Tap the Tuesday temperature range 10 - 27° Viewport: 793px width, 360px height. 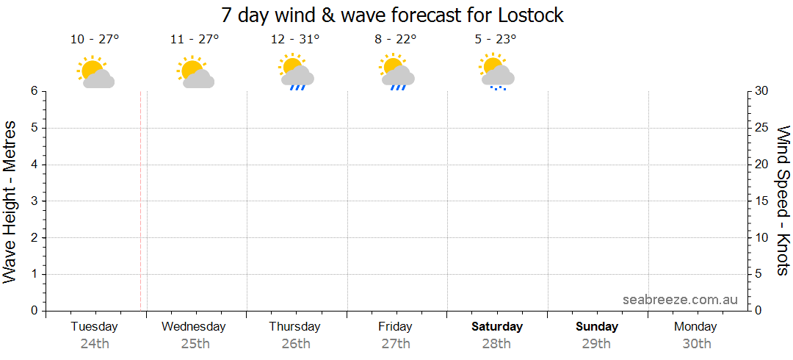(95, 40)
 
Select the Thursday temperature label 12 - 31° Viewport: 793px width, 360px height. (295, 40)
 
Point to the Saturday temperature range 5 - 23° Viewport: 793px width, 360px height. (496, 40)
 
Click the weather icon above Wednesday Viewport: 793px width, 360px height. (195, 73)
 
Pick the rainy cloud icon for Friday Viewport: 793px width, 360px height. (396, 73)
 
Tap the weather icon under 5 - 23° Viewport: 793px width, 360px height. (496, 73)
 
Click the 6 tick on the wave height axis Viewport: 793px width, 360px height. (34, 91)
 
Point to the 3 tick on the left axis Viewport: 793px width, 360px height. (34, 201)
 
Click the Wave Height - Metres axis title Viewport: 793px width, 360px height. (10, 201)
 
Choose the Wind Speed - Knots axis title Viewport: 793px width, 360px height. (783, 201)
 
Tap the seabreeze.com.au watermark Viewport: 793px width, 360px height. (680, 300)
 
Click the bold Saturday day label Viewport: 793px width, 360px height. (497, 326)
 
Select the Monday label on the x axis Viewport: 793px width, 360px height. (695, 326)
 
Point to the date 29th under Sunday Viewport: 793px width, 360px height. (596, 343)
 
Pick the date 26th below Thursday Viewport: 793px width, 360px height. (295, 343)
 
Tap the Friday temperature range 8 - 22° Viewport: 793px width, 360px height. (395, 40)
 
